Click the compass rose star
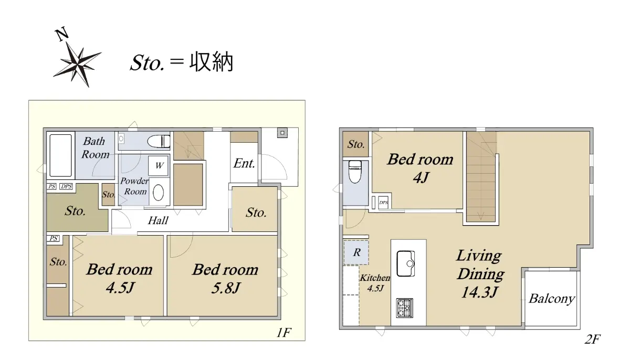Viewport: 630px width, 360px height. point(77,65)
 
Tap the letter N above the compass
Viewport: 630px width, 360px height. point(61,34)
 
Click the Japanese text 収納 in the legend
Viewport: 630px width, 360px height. point(211,62)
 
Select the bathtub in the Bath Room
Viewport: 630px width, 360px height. point(60,155)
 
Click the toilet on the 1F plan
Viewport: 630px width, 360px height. point(159,141)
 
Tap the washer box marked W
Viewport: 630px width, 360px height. point(159,165)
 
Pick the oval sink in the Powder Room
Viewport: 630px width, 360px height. point(159,193)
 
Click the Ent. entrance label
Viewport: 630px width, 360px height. point(244,163)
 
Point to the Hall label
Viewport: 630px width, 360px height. point(158,220)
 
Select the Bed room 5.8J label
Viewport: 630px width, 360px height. point(226,278)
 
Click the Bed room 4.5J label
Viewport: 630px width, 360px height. point(120,278)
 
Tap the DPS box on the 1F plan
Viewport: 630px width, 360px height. point(66,186)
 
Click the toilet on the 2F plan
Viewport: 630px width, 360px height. point(355,172)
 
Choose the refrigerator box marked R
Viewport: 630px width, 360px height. point(356,252)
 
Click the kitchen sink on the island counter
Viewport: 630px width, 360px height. point(405,263)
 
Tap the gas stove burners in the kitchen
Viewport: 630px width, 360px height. point(404,308)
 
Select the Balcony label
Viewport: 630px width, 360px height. point(552,299)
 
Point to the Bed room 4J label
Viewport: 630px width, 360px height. point(421,168)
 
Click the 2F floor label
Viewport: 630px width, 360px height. point(593,339)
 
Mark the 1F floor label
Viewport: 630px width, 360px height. point(284,333)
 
